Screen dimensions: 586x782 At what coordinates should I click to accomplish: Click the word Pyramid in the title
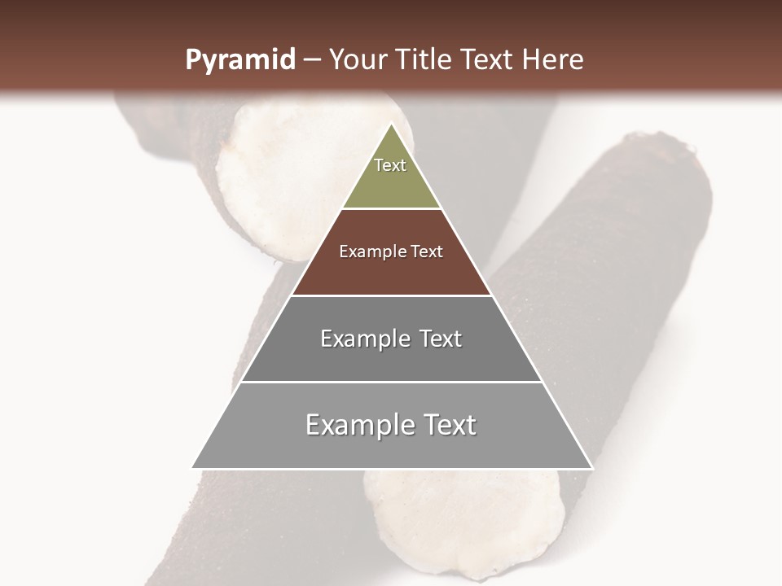(239, 60)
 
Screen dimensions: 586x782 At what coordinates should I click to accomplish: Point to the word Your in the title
(358, 60)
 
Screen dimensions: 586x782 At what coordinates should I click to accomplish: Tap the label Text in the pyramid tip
(390, 165)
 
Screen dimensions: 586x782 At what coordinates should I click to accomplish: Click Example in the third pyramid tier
(363, 339)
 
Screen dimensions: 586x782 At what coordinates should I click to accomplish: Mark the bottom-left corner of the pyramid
(192, 468)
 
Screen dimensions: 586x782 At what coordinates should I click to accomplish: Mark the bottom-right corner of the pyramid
(591, 468)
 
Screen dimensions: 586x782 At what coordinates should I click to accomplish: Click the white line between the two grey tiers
(391, 382)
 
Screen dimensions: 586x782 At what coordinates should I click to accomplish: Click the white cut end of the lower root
(464, 521)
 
